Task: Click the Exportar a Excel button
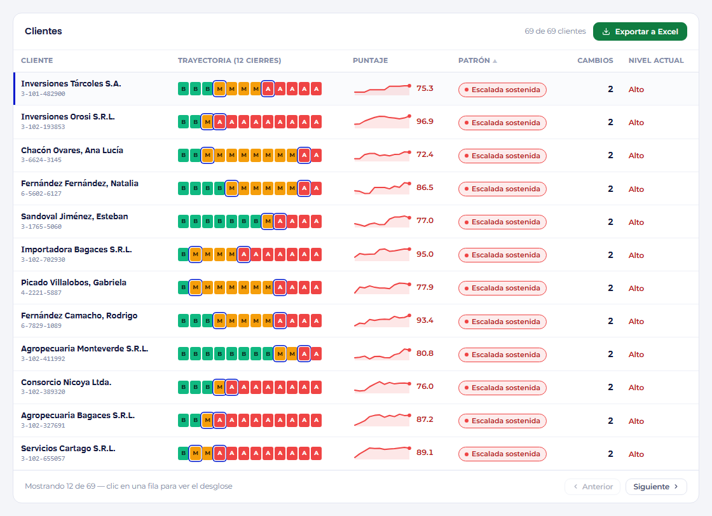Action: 640,32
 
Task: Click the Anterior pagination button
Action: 592,487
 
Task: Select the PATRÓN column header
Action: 474,60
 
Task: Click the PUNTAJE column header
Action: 370,60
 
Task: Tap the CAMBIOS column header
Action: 595,60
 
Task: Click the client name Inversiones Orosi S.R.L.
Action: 67,117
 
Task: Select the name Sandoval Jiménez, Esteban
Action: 74,217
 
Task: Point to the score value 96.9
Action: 425,121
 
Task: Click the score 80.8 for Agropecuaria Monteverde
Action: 425,353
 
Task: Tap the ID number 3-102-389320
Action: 43,392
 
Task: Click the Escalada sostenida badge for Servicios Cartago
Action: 502,454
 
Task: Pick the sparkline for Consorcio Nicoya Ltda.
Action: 382,386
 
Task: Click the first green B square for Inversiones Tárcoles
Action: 184,89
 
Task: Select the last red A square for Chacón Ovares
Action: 317,155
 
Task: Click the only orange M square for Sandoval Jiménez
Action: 268,222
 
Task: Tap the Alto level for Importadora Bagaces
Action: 636,255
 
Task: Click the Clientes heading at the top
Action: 43,31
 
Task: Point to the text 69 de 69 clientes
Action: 556,31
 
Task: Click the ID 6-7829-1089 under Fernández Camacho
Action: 41,326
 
